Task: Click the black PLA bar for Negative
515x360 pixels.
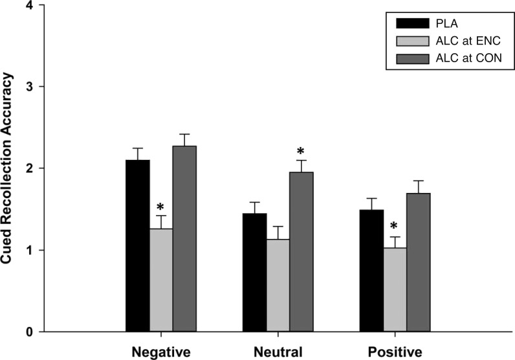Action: tap(137, 245)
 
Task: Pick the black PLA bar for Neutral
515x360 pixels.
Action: tap(254, 272)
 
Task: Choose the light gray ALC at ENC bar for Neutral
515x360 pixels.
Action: tap(278, 285)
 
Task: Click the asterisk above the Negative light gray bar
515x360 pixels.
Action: tap(160, 207)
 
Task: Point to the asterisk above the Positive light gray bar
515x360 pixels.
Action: tap(394, 228)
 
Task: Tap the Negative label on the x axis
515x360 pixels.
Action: tap(160, 352)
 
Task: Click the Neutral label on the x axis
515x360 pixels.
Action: tap(278, 352)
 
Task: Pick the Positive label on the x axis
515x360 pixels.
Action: tap(394, 352)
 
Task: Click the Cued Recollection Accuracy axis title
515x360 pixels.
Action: tap(10, 168)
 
